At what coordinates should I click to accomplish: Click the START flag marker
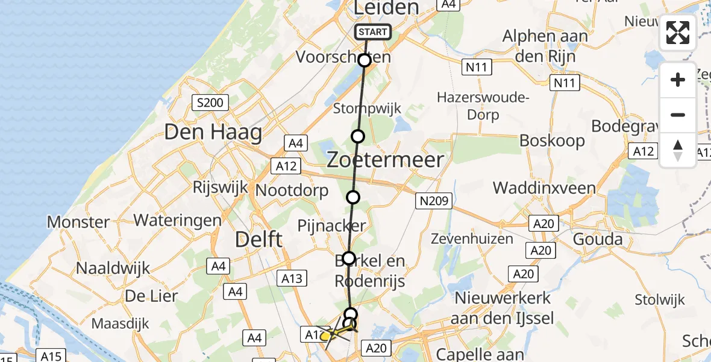pyautogui.click(x=373, y=32)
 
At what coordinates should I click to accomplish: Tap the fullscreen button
pyautogui.click(x=678, y=33)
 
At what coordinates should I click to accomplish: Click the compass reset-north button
pyautogui.click(x=678, y=150)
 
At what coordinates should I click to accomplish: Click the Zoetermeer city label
pyautogui.click(x=385, y=160)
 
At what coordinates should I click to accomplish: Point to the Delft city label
pyautogui.click(x=258, y=240)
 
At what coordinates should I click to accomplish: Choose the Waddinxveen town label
pyautogui.click(x=544, y=188)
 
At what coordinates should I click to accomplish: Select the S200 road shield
pyautogui.click(x=208, y=103)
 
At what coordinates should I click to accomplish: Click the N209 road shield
pyautogui.click(x=433, y=201)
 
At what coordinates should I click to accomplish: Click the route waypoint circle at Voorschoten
pyautogui.click(x=364, y=60)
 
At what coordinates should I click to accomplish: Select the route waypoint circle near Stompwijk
pyautogui.click(x=358, y=136)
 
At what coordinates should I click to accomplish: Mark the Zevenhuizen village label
pyautogui.click(x=472, y=239)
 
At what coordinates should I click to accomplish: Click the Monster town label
pyautogui.click(x=78, y=222)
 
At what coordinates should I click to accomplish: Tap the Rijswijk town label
pyautogui.click(x=220, y=187)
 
